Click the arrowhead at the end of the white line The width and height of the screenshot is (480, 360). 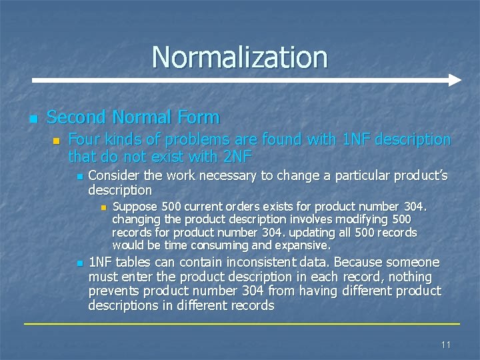click(x=455, y=80)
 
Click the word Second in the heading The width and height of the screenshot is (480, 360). click(x=77, y=117)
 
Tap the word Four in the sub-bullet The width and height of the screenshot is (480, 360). click(x=83, y=139)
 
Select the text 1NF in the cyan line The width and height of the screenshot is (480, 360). click(x=354, y=139)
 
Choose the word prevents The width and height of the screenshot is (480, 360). click(x=112, y=291)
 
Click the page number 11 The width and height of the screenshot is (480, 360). click(x=446, y=345)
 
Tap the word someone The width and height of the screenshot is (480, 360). click(x=417, y=262)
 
